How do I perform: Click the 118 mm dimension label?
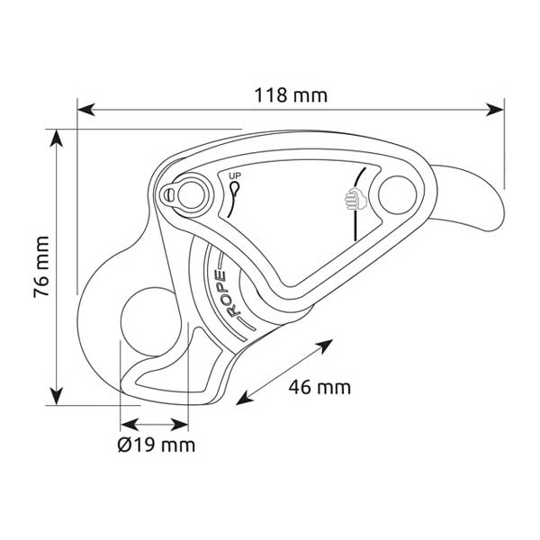coord(291,95)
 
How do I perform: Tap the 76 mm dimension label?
coord(41,266)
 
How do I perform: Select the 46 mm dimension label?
coord(319,387)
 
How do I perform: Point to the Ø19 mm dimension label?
coord(157,445)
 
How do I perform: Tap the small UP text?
coord(235,176)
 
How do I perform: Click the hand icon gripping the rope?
coord(355,199)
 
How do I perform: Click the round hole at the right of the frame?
coord(398,194)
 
